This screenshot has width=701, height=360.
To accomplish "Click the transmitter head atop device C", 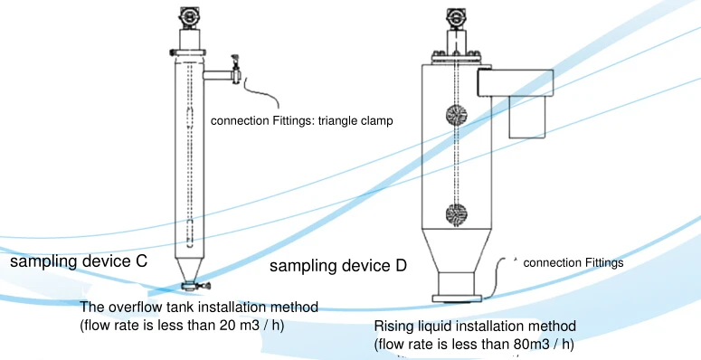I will pyautogui.click(x=189, y=17).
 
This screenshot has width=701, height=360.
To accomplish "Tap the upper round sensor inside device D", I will pyautogui.click(x=457, y=117).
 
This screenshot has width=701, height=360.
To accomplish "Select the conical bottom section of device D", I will pyautogui.click(x=458, y=249).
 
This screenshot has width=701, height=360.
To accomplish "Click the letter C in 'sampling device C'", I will pyautogui.click(x=142, y=262).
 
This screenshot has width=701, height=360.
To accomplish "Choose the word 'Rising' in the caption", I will pyautogui.click(x=393, y=326).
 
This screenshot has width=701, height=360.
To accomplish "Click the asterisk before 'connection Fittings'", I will pyautogui.click(x=515, y=261).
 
